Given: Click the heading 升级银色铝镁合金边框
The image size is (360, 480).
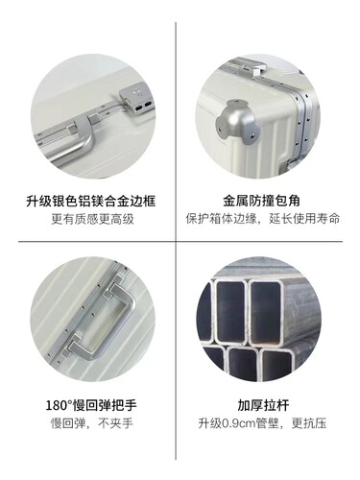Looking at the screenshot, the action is [91, 201].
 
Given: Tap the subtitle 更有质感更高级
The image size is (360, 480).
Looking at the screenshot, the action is [92, 219].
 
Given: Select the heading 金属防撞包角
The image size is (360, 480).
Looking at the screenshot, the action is [261, 201].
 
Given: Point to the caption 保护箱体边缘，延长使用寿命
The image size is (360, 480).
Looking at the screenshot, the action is [263, 219].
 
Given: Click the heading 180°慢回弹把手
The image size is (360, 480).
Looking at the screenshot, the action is [91, 405].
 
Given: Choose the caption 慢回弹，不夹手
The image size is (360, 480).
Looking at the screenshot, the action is [92, 423].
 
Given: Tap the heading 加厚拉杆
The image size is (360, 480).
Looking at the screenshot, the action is [263, 405].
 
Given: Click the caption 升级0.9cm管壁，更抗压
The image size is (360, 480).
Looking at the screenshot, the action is [262, 423].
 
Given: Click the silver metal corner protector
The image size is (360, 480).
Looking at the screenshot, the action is [236, 123].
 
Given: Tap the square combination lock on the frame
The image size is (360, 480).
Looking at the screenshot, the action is [135, 98].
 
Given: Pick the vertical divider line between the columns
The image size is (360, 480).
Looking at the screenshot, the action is [176, 241].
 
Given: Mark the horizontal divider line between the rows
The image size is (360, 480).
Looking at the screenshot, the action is [180, 241].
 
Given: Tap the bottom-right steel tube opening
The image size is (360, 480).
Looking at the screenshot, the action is [276, 365].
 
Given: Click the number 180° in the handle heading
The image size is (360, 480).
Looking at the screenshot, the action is [60, 405].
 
